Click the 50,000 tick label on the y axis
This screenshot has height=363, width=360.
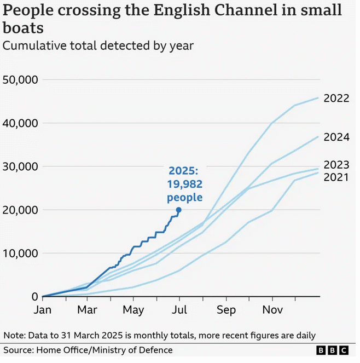tap(20, 80)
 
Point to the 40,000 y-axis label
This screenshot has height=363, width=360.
tap(20, 123)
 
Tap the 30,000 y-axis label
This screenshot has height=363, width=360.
tap(20, 166)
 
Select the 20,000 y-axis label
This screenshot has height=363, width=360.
tap(20, 210)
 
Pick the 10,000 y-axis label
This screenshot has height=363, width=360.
tap(20, 253)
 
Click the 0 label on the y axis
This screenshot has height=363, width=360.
tap(35, 297)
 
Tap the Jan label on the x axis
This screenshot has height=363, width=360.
tap(43, 310)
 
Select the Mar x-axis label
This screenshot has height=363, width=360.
tap(87, 310)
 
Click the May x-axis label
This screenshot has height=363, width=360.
tap(133, 310)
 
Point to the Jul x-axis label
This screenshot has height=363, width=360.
tap(179, 310)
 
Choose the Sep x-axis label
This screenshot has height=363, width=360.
tap(227, 310)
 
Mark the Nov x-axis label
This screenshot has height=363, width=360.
tap(272, 310)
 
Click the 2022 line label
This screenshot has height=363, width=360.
tap(336, 99)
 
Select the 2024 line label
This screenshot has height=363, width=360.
tap(336, 137)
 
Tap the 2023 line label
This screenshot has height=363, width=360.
tap(336, 165)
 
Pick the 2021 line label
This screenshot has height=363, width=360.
tap(336, 177)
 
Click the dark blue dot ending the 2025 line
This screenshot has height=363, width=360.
tap(178, 210)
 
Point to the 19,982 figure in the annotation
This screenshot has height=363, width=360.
tap(184, 185)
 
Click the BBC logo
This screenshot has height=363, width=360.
tap(332, 350)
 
